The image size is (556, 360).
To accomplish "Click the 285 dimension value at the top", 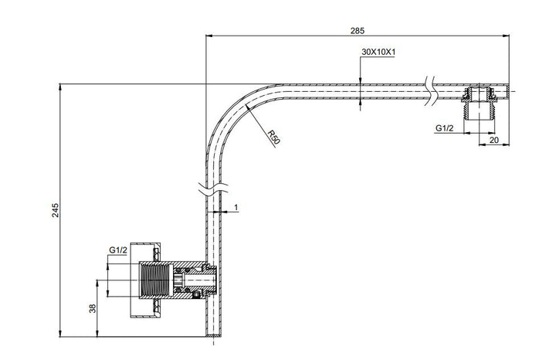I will point(357,30).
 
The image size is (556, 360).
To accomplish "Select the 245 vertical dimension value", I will point(54,211).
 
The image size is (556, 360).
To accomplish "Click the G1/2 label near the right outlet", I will point(443,128).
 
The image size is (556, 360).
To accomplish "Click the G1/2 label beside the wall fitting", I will point(117,250).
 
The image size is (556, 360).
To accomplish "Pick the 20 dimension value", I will point(493,140).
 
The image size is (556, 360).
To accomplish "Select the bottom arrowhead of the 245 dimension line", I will point(60,333).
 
